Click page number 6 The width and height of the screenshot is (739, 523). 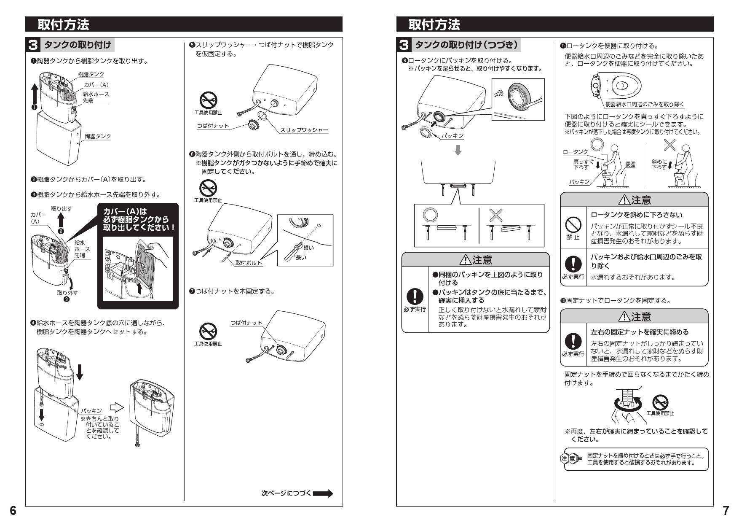13,511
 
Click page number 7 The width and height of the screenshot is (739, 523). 726,511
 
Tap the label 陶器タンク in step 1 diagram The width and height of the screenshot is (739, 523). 98,136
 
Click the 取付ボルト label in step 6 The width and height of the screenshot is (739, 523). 249,263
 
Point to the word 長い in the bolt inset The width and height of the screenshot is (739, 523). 301,257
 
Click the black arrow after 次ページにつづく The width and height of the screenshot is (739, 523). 323,493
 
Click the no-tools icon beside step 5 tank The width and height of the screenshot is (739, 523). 208,100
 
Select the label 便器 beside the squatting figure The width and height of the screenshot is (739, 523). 630,164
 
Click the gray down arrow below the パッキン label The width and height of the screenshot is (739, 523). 458,151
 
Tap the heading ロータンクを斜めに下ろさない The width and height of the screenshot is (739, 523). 636,215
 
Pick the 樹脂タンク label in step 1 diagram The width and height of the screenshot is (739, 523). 91,74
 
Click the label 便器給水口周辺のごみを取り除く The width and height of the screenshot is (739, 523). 645,104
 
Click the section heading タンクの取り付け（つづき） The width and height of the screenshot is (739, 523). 466,44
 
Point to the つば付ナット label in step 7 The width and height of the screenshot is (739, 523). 246,323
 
